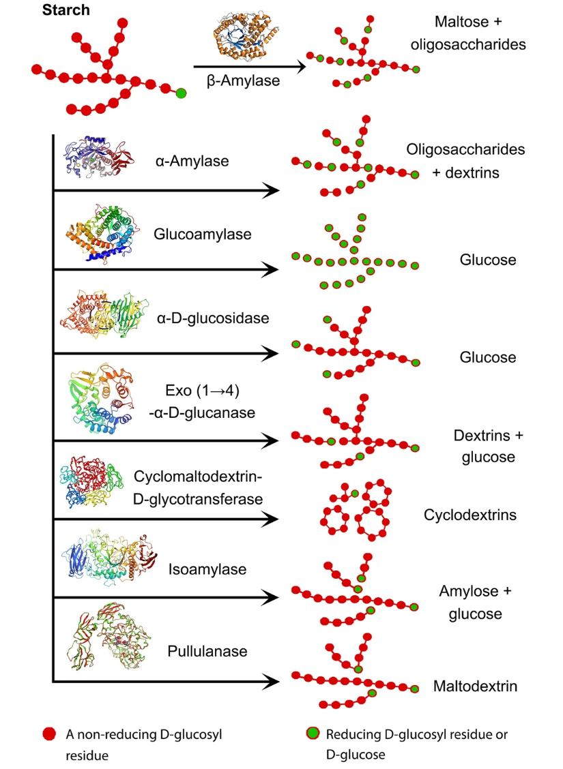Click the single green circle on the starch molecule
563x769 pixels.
point(181,93)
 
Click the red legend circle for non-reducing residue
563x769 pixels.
point(48,734)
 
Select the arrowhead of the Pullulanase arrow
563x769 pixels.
point(269,680)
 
